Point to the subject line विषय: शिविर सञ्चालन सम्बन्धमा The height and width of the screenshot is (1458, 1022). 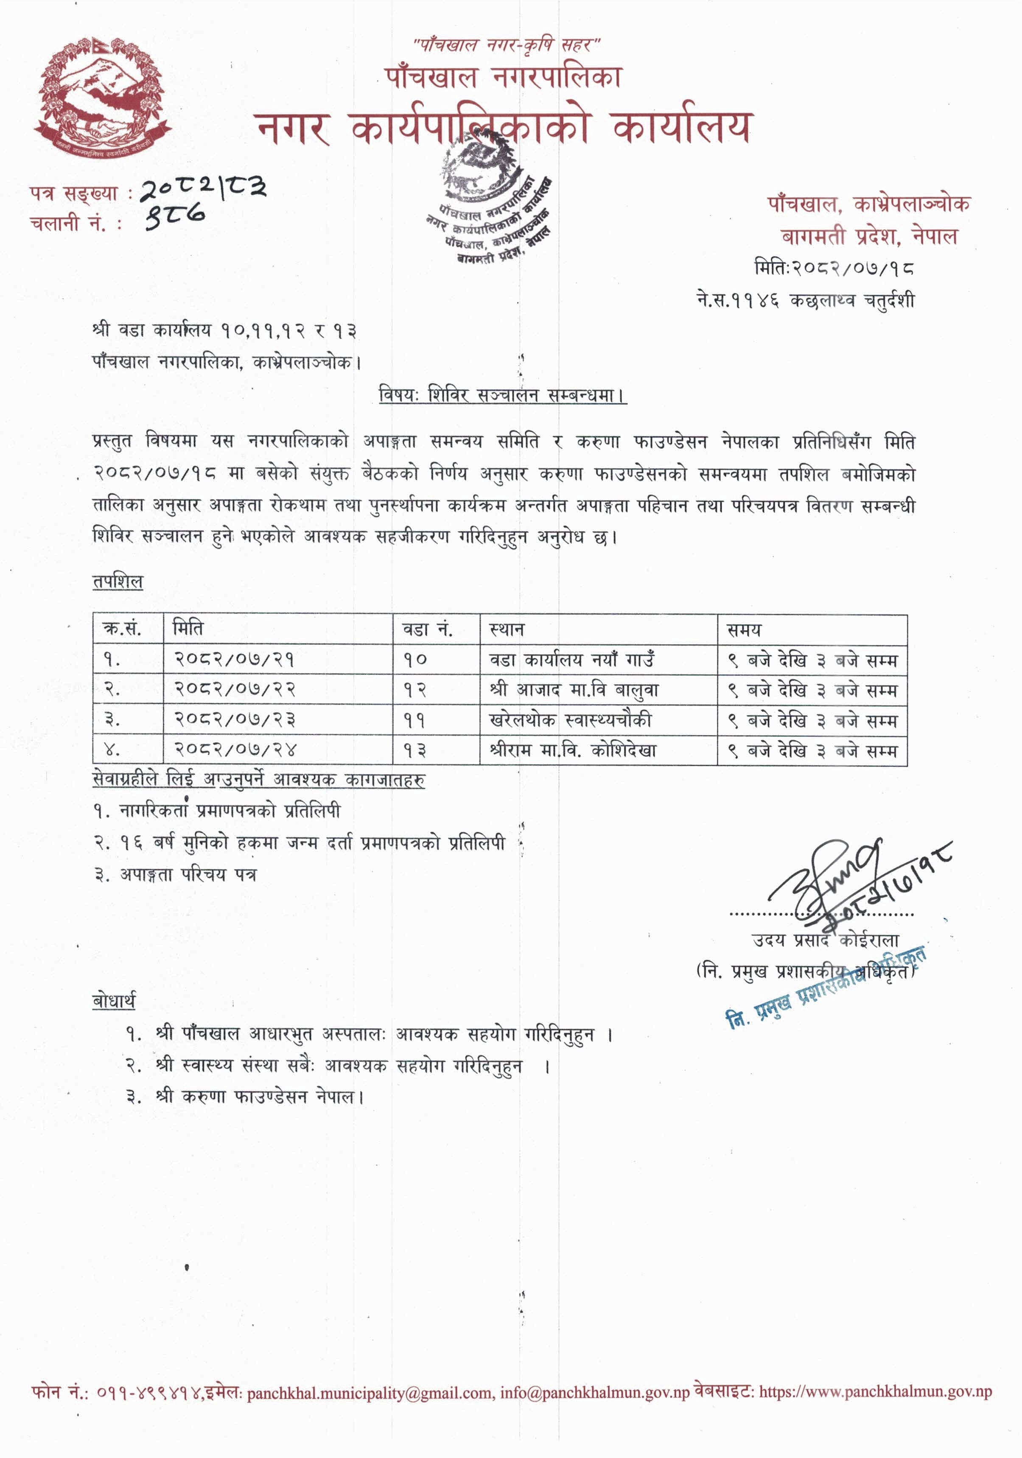point(502,395)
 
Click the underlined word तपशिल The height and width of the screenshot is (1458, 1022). point(118,582)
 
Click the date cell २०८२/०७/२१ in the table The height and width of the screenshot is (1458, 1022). point(235,660)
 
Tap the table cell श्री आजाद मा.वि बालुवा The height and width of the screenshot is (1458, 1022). point(574,690)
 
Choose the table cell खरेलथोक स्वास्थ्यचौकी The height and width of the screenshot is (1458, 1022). point(570,720)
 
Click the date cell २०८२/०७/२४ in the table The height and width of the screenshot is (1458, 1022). point(235,750)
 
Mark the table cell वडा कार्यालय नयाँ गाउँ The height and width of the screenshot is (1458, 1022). point(571,660)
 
